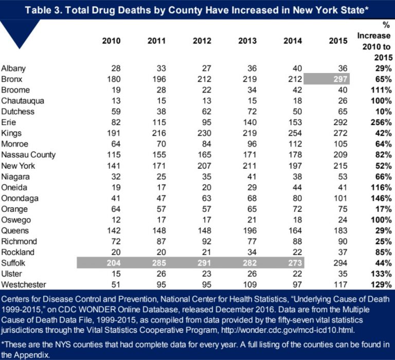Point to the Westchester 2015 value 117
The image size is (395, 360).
click(342, 285)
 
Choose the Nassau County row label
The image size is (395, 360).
click(28, 155)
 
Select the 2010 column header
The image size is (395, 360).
click(113, 42)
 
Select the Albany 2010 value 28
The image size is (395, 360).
click(116, 68)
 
